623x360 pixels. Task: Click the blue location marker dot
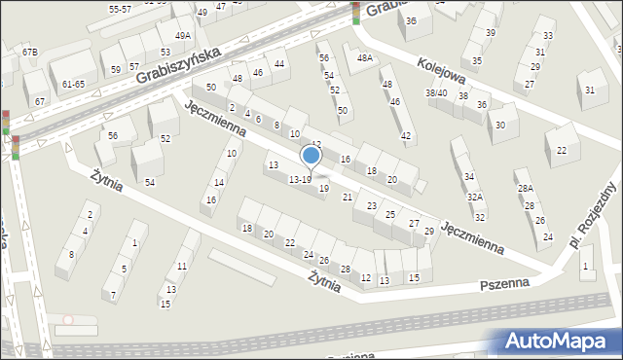point(311,155)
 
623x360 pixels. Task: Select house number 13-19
point(301,179)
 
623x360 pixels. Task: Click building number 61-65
point(73,85)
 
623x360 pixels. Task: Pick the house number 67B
point(30,52)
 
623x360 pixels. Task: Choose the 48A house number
point(365,58)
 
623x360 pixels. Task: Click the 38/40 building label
point(436,93)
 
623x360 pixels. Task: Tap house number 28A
point(525,188)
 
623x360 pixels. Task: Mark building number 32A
point(474,197)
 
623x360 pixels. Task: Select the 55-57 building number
point(121,9)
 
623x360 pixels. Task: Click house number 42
point(406,135)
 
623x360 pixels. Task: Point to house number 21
point(348,198)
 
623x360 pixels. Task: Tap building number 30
point(500,125)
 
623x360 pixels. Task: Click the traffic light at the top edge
point(356,12)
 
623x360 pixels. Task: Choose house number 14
point(220,183)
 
